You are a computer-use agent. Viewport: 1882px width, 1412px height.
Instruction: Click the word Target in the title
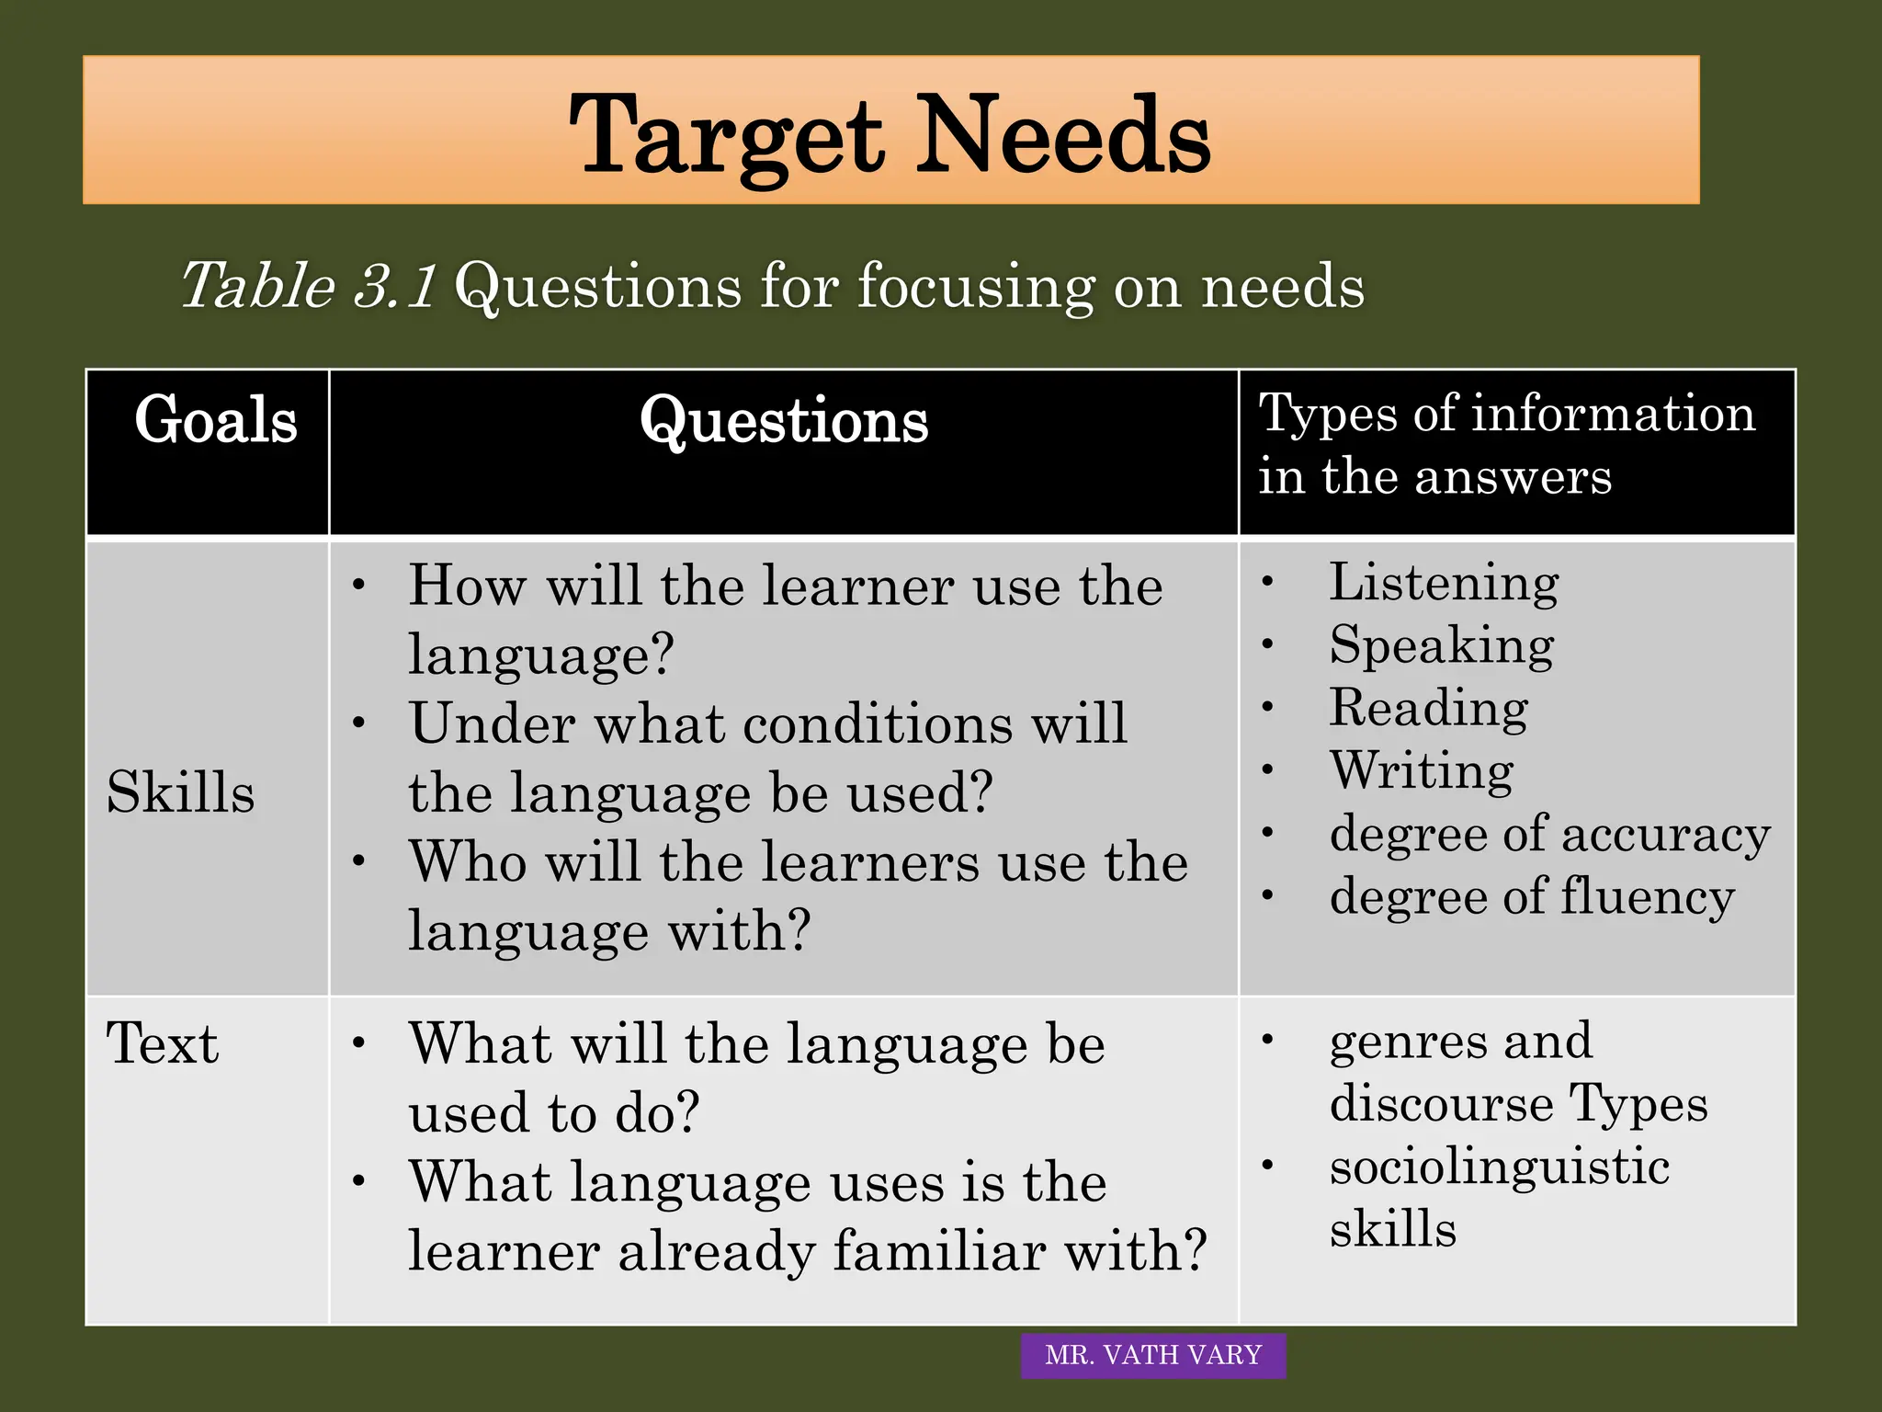click(x=726, y=138)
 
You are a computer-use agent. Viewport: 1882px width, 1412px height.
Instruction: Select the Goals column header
click(x=216, y=420)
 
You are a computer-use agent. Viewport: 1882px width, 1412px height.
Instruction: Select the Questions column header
click(x=784, y=421)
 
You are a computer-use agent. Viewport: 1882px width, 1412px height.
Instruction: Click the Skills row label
click(x=180, y=792)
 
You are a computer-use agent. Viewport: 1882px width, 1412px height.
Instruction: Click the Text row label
click(x=163, y=1043)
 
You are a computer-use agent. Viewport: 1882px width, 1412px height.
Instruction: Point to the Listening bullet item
click(x=1444, y=583)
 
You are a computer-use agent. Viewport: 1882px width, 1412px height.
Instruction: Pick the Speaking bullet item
click(x=1441, y=645)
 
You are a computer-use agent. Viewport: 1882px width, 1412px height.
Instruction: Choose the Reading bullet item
click(x=1428, y=709)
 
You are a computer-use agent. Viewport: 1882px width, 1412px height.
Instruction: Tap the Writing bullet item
click(x=1421, y=770)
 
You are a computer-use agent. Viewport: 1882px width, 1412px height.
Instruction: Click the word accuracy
click(x=1665, y=835)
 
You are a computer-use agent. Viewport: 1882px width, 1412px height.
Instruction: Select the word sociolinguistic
click(x=1499, y=1167)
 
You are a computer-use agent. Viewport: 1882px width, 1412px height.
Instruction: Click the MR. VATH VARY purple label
click(x=1153, y=1355)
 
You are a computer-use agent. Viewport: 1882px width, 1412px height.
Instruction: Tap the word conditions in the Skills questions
click(x=877, y=724)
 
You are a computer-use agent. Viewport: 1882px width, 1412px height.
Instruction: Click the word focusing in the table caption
click(x=976, y=287)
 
